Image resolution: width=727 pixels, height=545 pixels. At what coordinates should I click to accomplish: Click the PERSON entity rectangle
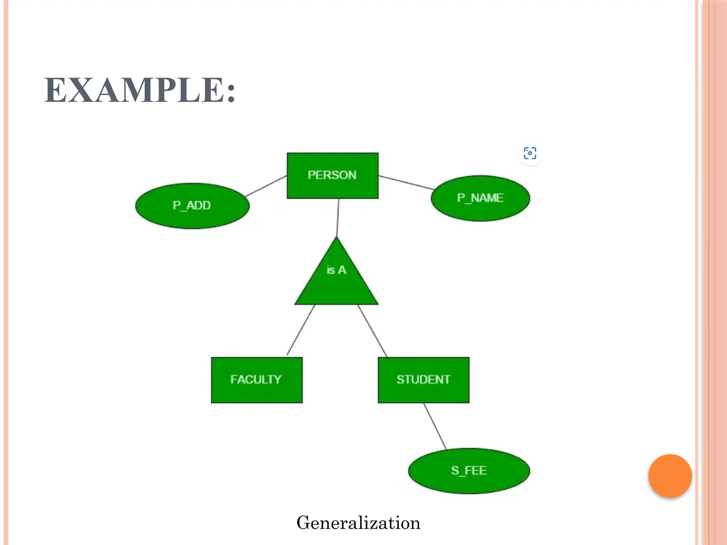point(332,175)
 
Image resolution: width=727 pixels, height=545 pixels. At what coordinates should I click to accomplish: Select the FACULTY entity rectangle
point(257,380)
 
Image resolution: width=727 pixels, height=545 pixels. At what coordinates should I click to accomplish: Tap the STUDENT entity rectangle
point(423,380)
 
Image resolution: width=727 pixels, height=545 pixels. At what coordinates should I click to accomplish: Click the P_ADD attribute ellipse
point(192,206)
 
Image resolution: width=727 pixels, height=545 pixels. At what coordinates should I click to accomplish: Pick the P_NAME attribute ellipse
point(480,198)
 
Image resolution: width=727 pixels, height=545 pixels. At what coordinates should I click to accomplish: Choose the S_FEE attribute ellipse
point(469,471)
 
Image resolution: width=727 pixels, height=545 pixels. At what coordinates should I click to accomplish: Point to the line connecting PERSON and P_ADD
point(266,186)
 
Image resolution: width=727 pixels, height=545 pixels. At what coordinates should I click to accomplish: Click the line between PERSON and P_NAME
point(406,182)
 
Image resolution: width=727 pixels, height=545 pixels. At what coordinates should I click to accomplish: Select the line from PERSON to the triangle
point(338,217)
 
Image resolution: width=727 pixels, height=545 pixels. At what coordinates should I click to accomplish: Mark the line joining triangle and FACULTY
point(301,330)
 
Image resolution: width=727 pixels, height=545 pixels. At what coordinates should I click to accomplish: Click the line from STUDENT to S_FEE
point(435,426)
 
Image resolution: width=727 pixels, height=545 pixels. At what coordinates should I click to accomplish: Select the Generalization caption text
point(358,523)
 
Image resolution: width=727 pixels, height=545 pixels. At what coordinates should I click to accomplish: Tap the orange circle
point(670,476)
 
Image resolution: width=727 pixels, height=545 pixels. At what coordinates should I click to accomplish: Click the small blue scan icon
point(530,153)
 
